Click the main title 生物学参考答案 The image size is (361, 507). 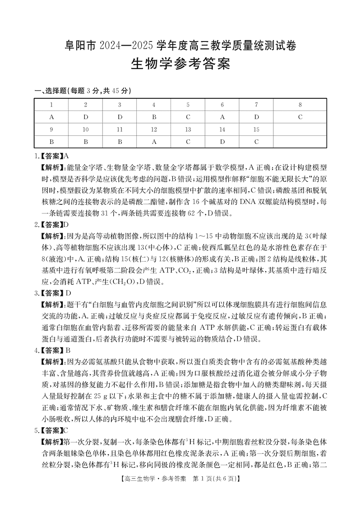tap(180, 64)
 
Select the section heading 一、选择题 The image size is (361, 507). tap(50, 91)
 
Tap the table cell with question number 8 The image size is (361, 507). tap(300, 105)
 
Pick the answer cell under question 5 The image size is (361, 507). tap(188, 117)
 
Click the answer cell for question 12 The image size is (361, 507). tap(154, 141)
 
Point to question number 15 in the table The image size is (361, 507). tap(256, 129)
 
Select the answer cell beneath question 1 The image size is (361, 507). tap(51, 117)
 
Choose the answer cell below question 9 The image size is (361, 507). tap(51, 141)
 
